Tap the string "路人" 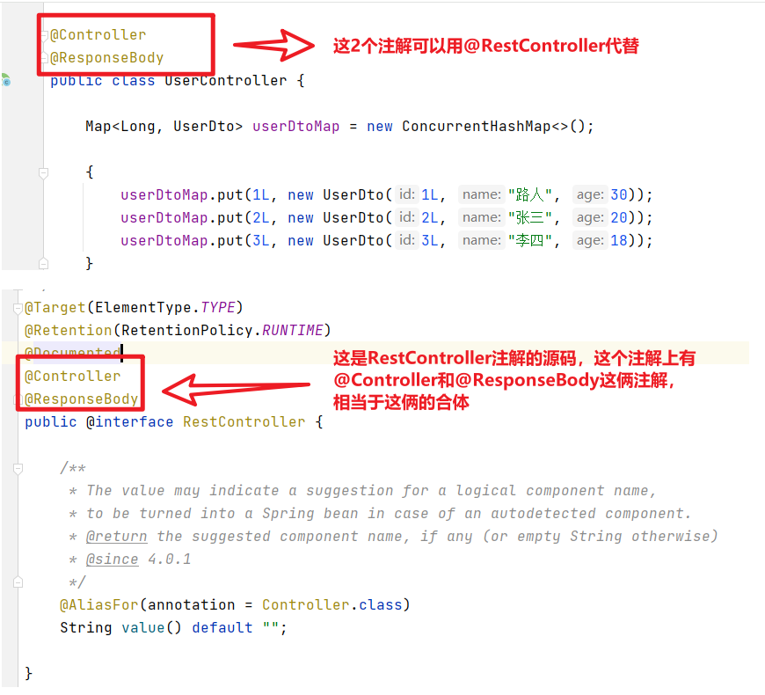click(x=533, y=195)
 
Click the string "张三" click(x=533, y=218)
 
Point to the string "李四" click(x=533, y=241)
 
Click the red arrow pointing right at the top click(x=273, y=45)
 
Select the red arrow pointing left click(x=237, y=388)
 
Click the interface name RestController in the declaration click(x=244, y=422)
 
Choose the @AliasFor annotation click(x=99, y=605)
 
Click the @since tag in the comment click(x=112, y=560)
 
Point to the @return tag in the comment click(x=116, y=537)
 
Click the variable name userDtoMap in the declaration click(x=295, y=127)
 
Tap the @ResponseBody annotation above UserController click(x=106, y=58)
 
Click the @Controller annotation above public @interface click(x=73, y=377)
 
